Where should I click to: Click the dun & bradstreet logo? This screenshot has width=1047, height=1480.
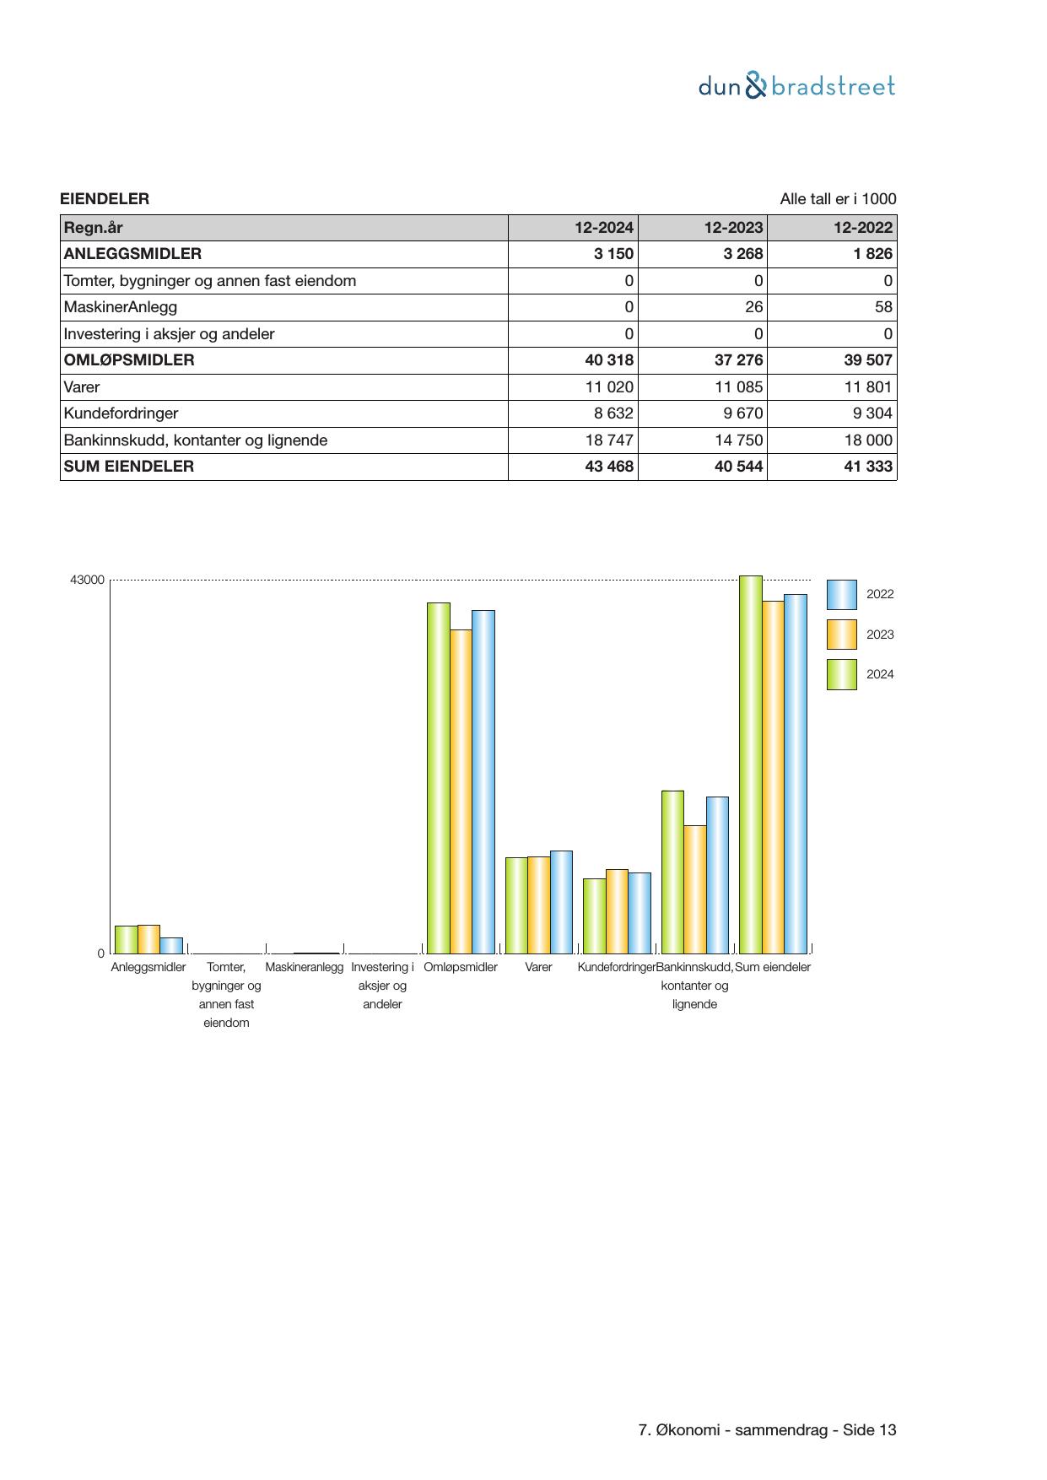pyautogui.click(x=796, y=86)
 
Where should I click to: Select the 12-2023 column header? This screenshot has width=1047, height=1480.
pyautogui.click(x=733, y=228)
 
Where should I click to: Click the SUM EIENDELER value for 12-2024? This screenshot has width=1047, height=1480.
pyautogui.click(x=608, y=467)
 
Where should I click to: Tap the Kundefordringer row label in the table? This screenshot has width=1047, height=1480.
pyautogui.click(x=121, y=413)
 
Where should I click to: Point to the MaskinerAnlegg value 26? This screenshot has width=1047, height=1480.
pyautogui.click(x=753, y=307)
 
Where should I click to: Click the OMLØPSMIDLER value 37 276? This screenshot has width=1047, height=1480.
pyautogui.click(x=738, y=360)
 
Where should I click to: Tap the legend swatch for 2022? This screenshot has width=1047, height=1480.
pyautogui.click(x=841, y=595)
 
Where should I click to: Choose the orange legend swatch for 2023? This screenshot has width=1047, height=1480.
pyautogui.click(x=841, y=635)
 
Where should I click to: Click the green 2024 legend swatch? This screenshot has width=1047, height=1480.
pyautogui.click(x=841, y=674)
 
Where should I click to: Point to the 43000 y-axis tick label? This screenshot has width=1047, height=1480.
pyautogui.click(x=87, y=581)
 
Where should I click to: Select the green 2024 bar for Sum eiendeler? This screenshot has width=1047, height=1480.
pyautogui.click(x=750, y=764)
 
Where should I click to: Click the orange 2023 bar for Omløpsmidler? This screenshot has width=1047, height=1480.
pyautogui.click(x=461, y=791)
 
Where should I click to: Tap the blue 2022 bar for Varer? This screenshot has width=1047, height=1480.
pyautogui.click(x=561, y=901)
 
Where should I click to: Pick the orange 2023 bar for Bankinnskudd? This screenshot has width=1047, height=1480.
pyautogui.click(x=695, y=889)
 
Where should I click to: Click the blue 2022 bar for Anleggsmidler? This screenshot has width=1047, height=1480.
pyautogui.click(x=171, y=945)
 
